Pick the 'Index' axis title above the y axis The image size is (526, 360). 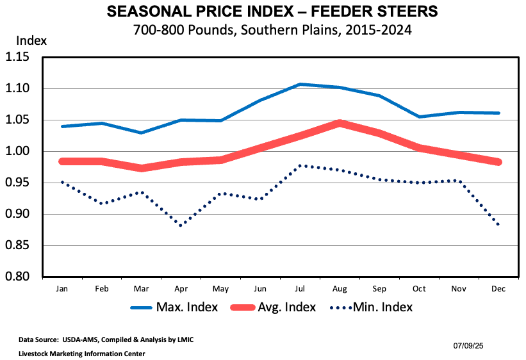[x=31, y=40]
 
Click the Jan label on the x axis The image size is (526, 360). [x=62, y=289]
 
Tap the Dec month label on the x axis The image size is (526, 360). [x=499, y=289]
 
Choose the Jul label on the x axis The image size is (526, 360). [x=300, y=289]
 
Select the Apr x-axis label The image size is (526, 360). [x=181, y=289]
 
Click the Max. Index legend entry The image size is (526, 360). [x=174, y=307]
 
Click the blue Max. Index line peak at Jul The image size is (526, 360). [x=300, y=84]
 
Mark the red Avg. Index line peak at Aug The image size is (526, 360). [x=340, y=122]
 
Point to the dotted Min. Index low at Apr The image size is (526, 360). [x=181, y=225]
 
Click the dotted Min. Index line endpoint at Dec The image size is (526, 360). [x=498, y=224]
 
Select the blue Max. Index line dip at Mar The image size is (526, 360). [x=142, y=133]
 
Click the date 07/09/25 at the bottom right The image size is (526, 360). [x=468, y=346]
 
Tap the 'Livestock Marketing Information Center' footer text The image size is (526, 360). [x=73, y=353]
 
